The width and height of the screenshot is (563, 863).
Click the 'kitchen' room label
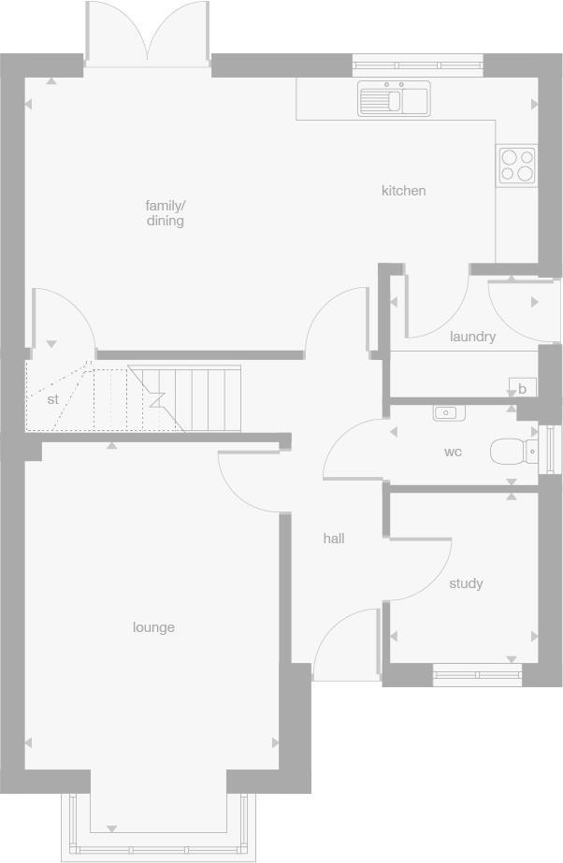click(403, 191)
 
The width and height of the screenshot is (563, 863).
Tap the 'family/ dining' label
click(165, 213)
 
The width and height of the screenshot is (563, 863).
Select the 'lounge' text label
click(153, 627)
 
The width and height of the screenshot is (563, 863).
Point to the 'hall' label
click(334, 539)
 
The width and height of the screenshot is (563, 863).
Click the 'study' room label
click(466, 583)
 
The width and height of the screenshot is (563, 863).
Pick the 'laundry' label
click(472, 337)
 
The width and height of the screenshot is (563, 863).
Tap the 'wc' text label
click(453, 453)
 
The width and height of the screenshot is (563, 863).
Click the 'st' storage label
click(53, 399)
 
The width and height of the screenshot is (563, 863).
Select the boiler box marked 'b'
click(522, 388)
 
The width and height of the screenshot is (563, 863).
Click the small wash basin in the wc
click(447, 412)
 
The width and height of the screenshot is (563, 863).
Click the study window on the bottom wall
click(477, 669)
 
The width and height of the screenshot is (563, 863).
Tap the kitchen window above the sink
click(417, 65)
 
